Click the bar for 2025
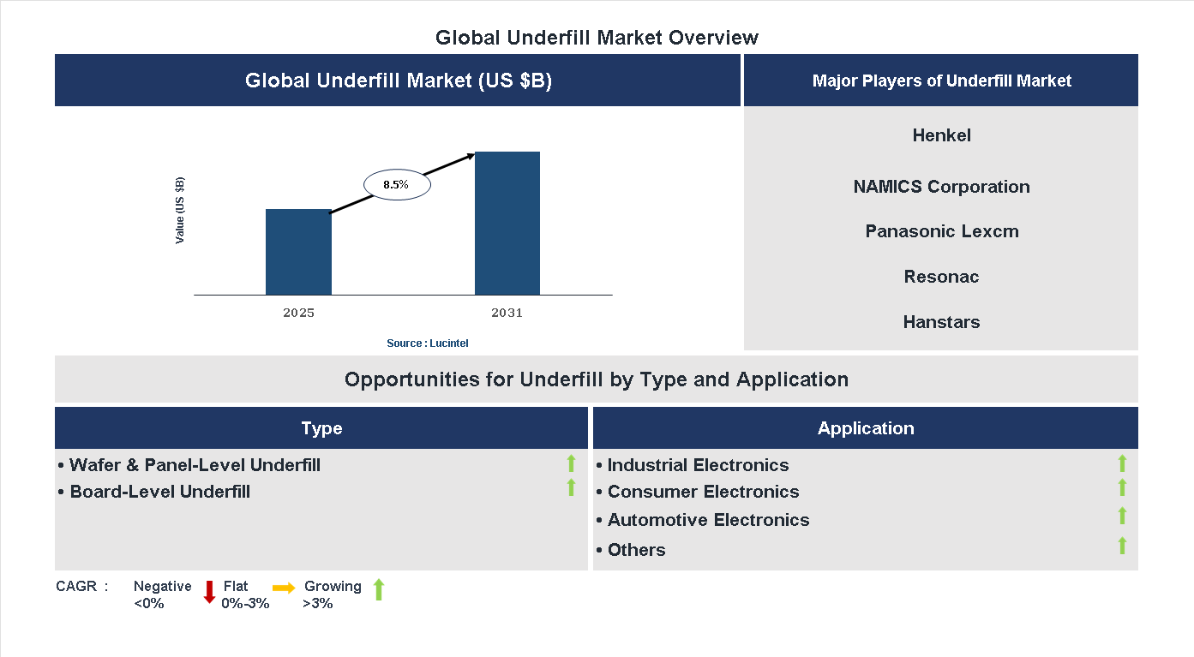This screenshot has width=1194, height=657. (x=298, y=252)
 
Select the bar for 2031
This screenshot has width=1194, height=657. (x=507, y=224)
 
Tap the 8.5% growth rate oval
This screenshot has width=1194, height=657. (x=397, y=184)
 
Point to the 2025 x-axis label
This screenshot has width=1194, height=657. (x=298, y=313)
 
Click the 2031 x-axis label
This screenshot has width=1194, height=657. (x=507, y=313)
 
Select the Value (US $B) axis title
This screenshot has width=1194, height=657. (x=180, y=211)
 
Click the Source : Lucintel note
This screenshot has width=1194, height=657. (x=427, y=343)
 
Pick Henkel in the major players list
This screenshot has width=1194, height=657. (x=941, y=135)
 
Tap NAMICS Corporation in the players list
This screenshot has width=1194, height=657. (x=941, y=187)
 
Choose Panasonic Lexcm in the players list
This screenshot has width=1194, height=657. (x=941, y=231)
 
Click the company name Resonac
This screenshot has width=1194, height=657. (x=941, y=277)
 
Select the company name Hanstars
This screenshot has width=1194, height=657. (x=941, y=322)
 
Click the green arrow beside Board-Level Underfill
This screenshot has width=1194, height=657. (x=571, y=487)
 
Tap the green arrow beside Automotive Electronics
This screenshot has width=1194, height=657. (x=1122, y=516)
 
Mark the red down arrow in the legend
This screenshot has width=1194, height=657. (x=209, y=591)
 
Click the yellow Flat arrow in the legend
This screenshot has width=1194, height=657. (x=284, y=588)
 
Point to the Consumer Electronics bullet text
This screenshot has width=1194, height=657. (x=703, y=492)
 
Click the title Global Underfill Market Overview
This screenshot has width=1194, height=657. (x=597, y=38)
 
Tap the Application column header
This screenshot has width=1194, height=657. (x=865, y=428)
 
